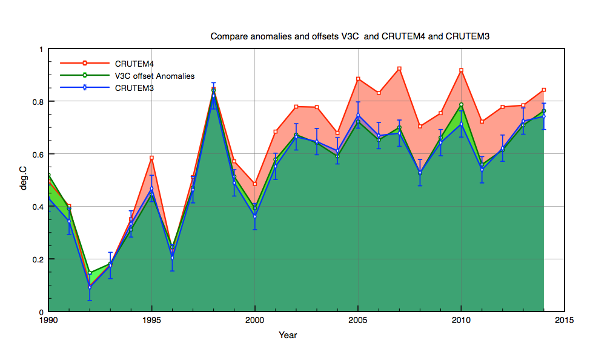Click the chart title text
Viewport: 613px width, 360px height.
tap(350, 36)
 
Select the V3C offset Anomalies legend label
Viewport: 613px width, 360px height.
tap(154, 76)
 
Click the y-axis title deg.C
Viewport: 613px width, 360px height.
tap(24, 180)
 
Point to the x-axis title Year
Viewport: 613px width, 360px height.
tap(288, 335)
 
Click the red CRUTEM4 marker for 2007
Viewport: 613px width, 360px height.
tap(399, 68)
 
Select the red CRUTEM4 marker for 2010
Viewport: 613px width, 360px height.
tap(462, 70)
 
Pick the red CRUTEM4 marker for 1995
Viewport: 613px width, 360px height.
tap(151, 158)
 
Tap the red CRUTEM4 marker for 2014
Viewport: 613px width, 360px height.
tap(544, 90)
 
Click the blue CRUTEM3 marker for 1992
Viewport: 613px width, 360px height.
tap(89, 287)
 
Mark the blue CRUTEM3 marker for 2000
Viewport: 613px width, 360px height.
tap(254, 216)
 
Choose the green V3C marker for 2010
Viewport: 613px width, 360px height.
tap(462, 105)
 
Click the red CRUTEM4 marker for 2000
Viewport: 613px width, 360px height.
tap(254, 184)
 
